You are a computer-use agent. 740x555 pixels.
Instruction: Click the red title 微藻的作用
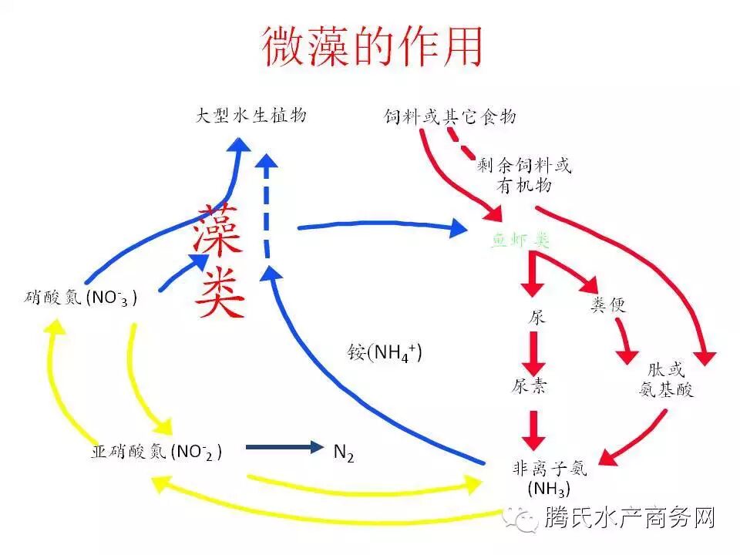(x=372, y=46)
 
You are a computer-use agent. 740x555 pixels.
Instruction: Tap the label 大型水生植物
(x=251, y=116)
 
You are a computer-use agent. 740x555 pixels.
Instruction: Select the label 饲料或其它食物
(x=450, y=117)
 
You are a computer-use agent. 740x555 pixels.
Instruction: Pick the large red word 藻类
(x=220, y=262)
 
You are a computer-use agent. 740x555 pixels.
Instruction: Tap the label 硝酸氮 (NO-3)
(x=81, y=297)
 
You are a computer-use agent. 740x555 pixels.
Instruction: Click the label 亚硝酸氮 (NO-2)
(x=156, y=451)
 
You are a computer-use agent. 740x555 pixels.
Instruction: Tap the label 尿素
(x=530, y=385)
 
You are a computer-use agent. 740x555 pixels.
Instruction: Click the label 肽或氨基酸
(x=666, y=380)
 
